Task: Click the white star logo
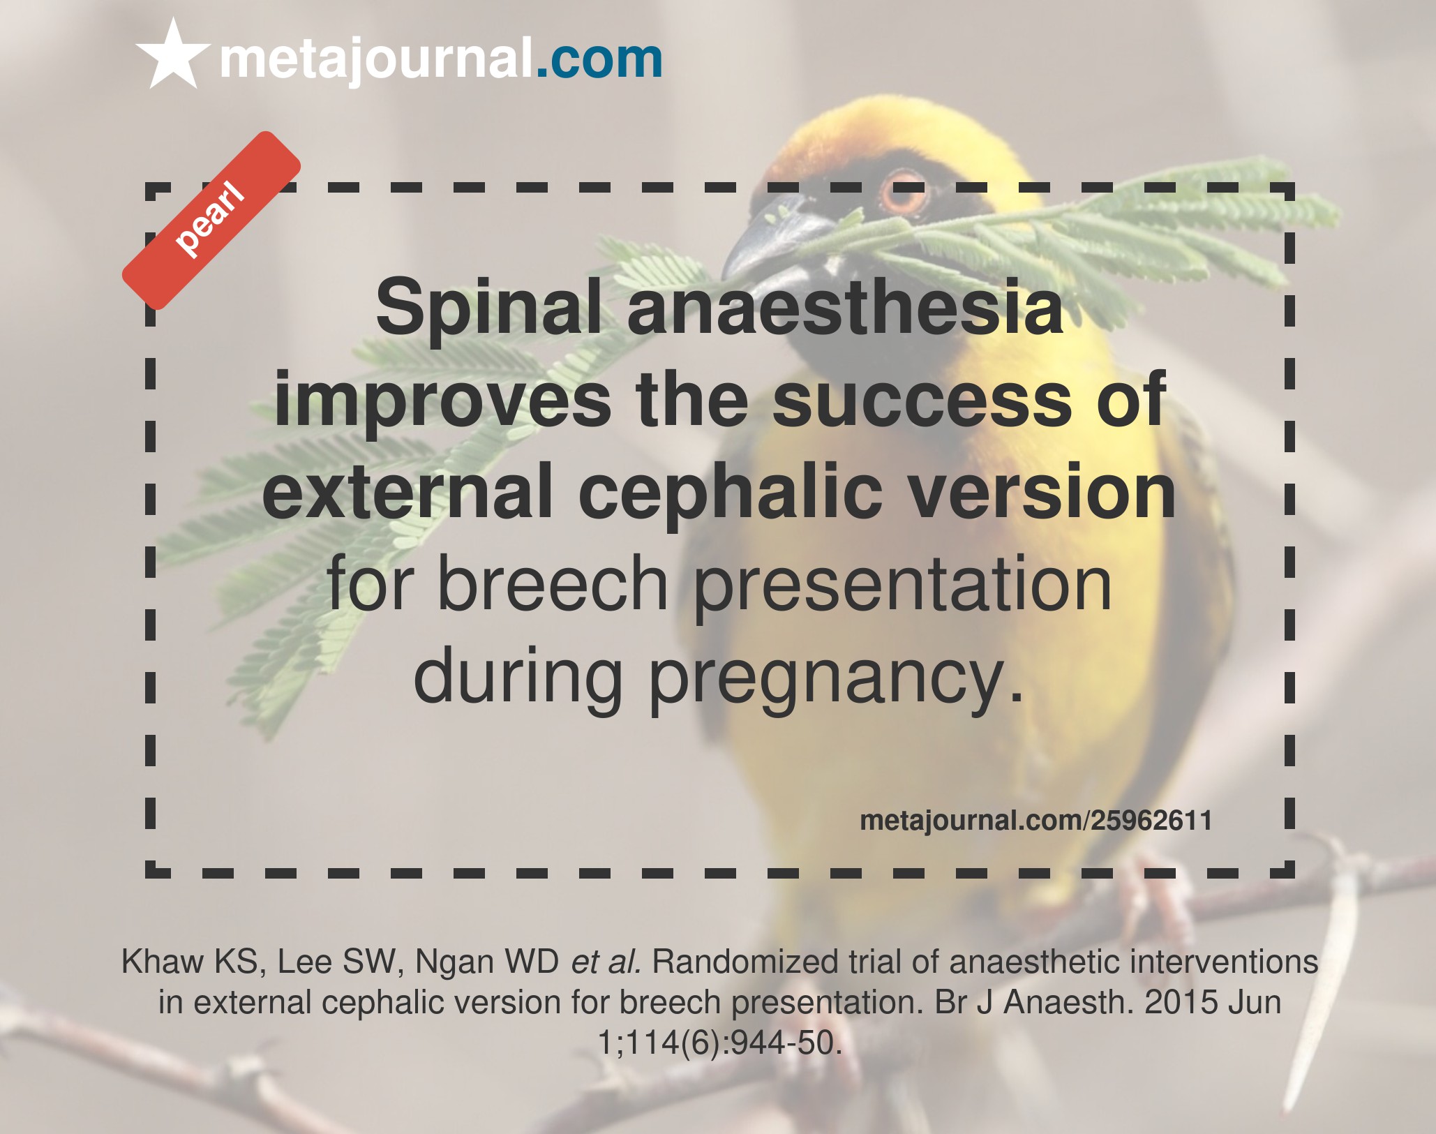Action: click(172, 56)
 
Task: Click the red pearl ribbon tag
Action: click(211, 220)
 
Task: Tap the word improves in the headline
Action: click(442, 401)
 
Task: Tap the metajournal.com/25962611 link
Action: click(1035, 821)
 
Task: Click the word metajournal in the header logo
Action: click(376, 60)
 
